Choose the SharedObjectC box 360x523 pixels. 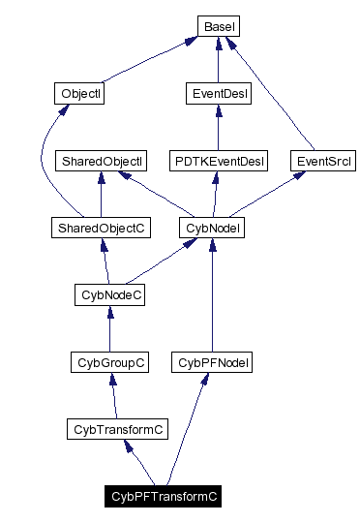click(x=101, y=228)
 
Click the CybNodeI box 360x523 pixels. click(x=211, y=228)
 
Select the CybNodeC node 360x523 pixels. click(x=109, y=294)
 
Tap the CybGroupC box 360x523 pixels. click(x=109, y=362)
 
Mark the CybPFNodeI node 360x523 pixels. click(x=211, y=362)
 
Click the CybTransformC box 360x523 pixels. click(x=116, y=429)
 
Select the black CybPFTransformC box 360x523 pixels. click(x=165, y=497)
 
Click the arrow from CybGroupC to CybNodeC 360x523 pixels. click(x=109, y=329)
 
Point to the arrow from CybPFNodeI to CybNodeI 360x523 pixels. click(x=211, y=295)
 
